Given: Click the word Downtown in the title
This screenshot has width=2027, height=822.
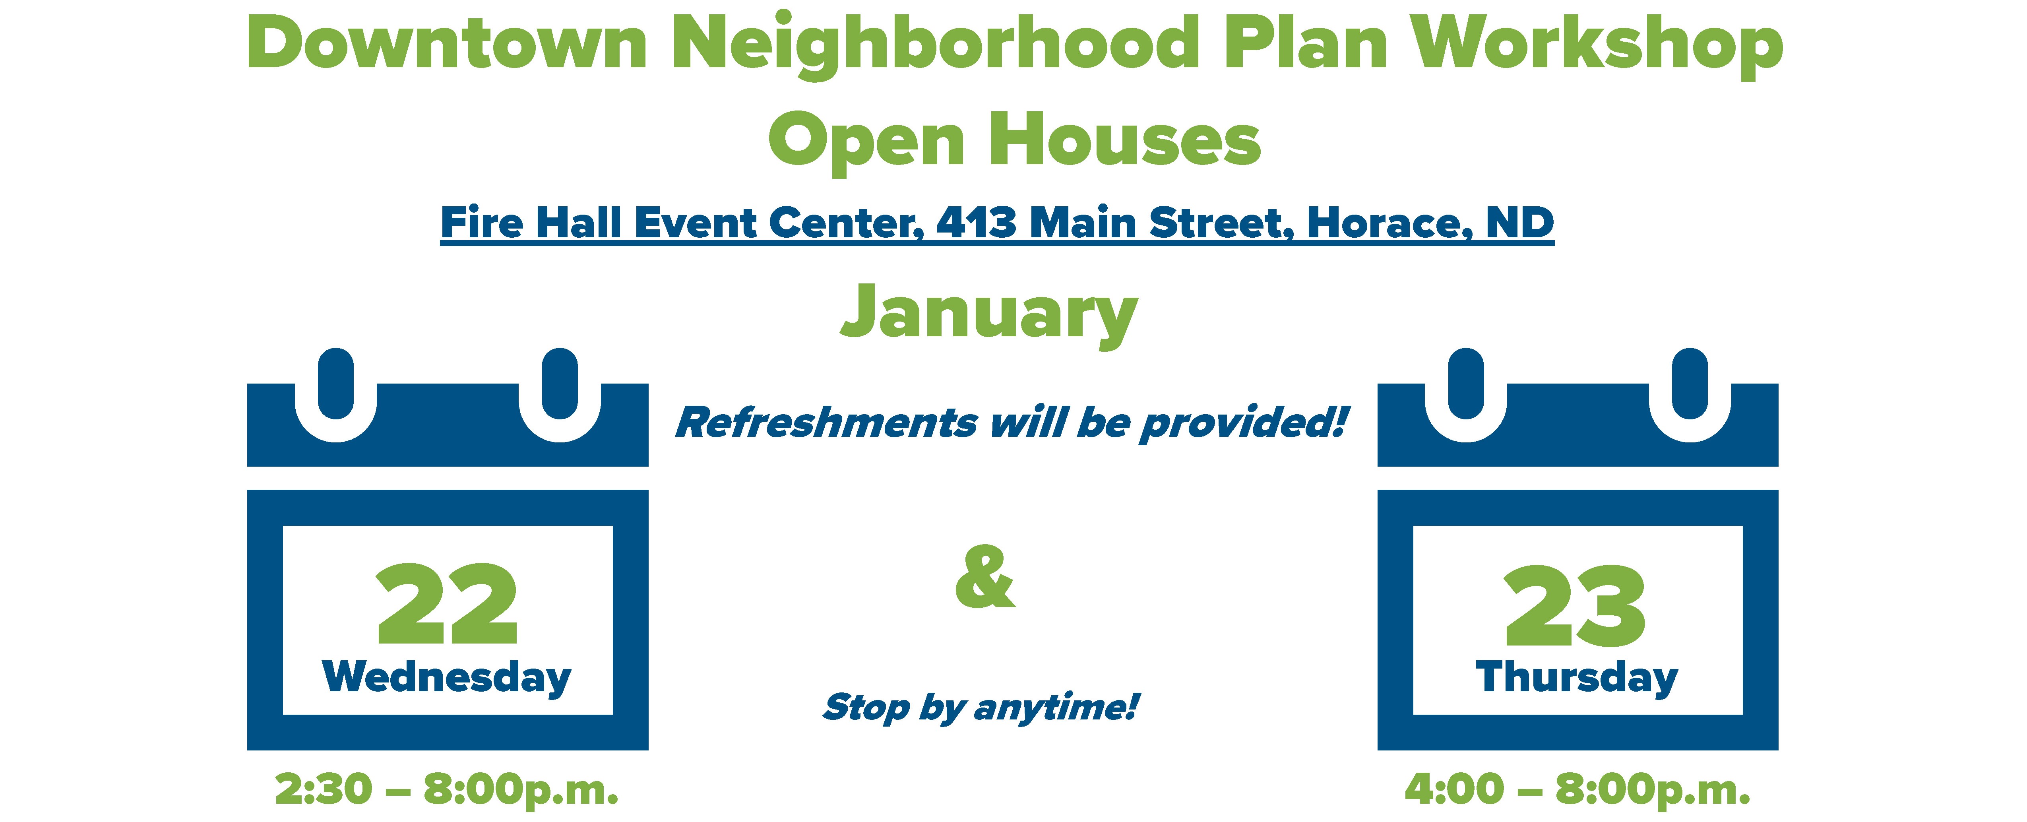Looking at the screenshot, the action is tap(447, 43).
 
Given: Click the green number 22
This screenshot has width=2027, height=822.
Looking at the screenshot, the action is tap(447, 603).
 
